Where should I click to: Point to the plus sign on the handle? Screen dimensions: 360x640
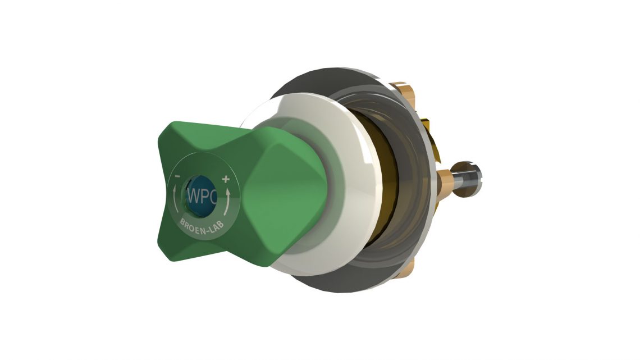pyautogui.click(x=226, y=180)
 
